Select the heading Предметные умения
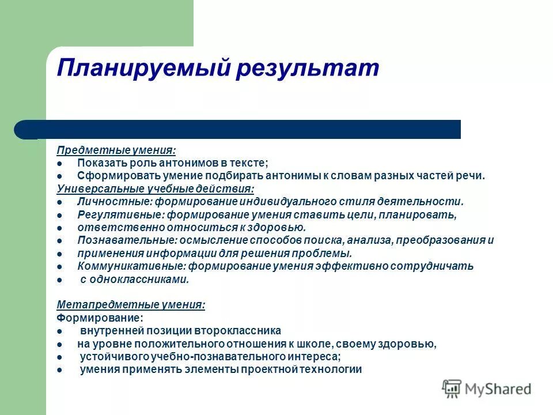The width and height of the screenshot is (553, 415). [116, 150]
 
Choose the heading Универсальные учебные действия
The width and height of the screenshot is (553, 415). [155, 188]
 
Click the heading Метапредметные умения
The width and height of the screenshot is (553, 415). [130, 305]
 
